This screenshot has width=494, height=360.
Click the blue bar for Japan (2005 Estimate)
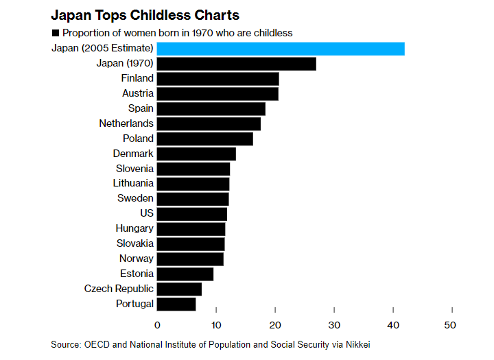pyautogui.click(x=281, y=49)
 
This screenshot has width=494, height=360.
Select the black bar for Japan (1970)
pyautogui.click(x=237, y=64)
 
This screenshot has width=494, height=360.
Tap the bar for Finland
pyautogui.click(x=218, y=79)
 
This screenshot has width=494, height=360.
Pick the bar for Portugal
pyautogui.click(x=176, y=304)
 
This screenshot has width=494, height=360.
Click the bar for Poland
pyautogui.click(x=205, y=139)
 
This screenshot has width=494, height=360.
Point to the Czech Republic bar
pyautogui.click(x=180, y=289)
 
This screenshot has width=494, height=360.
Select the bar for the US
pyautogui.click(x=192, y=214)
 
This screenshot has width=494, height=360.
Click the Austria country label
pyautogui.click(x=138, y=93)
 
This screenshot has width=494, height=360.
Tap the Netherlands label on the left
pyautogui.click(x=126, y=123)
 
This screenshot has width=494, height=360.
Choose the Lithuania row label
pyautogui.click(x=133, y=183)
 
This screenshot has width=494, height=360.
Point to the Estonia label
pyautogui.click(x=137, y=274)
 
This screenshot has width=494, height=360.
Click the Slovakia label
pyautogui.click(x=135, y=243)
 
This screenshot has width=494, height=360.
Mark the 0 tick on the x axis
pyautogui.click(x=157, y=324)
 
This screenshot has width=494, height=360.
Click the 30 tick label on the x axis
pyautogui.click(x=334, y=324)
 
